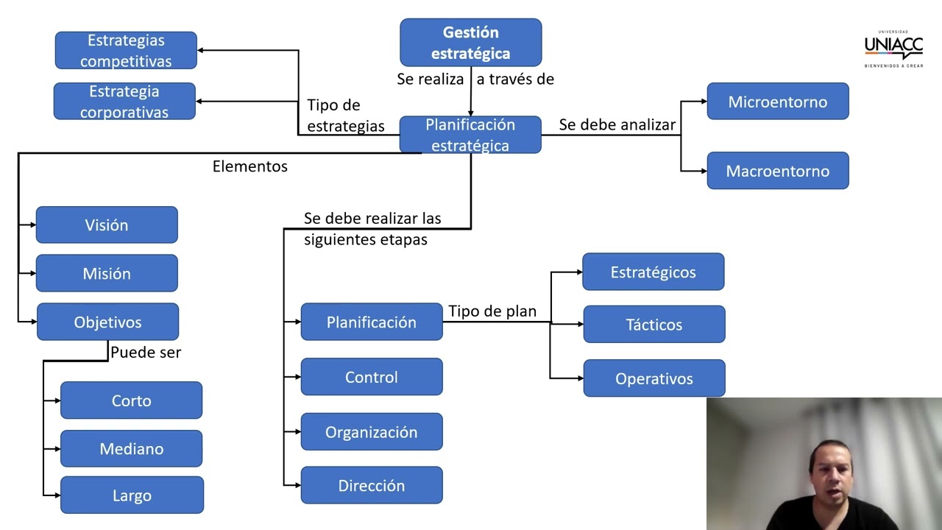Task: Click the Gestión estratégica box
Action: (470, 43)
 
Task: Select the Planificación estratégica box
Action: (470, 135)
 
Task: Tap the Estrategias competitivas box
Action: (126, 51)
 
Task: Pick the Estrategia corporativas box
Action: (124, 102)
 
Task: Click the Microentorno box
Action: (777, 102)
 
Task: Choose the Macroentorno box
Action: (777, 171)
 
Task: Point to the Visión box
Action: (107, 225)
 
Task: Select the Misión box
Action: (107, 273)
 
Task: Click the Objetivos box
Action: (107, 322)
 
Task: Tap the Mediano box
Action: (131, 448)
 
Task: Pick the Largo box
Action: (132, 495)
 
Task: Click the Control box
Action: (372, 377)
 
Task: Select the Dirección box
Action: (372, 485)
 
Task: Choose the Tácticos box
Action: (654, 325)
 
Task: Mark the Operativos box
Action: (654, 378)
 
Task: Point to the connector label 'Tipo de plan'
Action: (492, 311)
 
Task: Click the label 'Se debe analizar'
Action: (617, 124)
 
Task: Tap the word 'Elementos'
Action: (250, 166)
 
